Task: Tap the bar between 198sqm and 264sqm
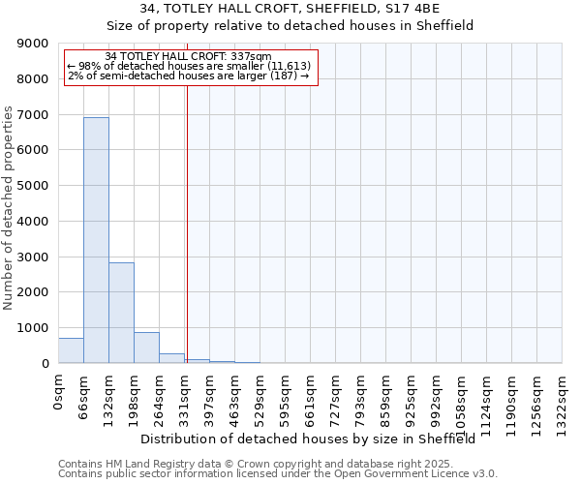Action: click(146, 348)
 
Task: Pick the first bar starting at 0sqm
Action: click(71, 350)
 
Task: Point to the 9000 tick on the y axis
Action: click(33, 44)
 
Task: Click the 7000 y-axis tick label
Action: click(33, 115)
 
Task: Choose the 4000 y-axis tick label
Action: click(33, 222)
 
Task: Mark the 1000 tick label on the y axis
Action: click(33, 328)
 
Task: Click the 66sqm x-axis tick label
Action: click(84, 395)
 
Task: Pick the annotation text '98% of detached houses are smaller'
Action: click(174, 66)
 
